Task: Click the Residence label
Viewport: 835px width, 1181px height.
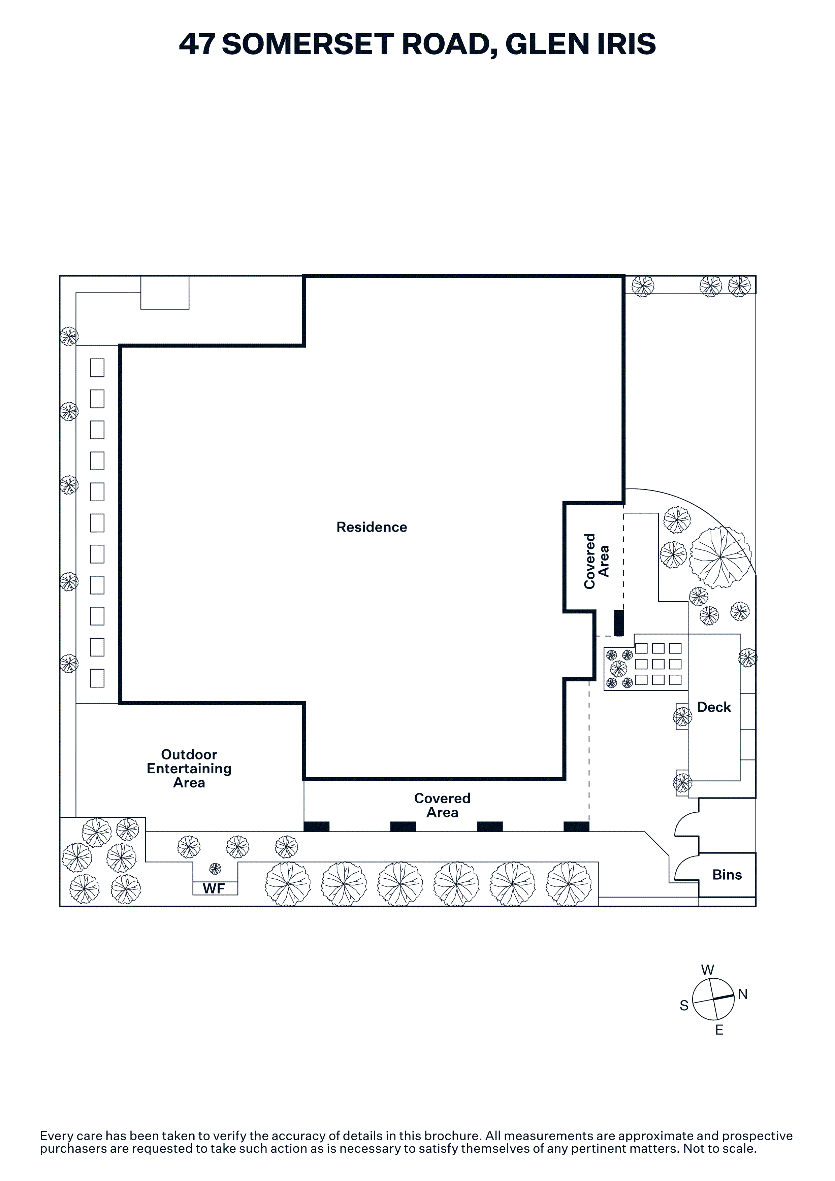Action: coord(372,527)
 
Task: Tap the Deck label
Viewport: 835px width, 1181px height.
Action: coord(714,707)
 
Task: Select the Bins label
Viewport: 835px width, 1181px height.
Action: coord(727,875)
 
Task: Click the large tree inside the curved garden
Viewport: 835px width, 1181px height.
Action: coord(720,557)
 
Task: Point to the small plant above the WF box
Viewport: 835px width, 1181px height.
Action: coord(215,869)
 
